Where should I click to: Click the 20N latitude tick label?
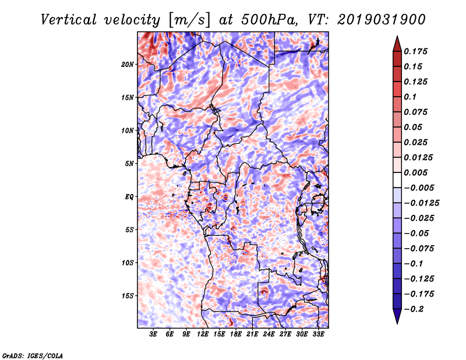coord(128,64)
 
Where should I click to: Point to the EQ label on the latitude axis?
coord(129,196)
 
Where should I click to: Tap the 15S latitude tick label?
coord(128,295)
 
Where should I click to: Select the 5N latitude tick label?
coord(129,163)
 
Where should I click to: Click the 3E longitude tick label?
coord(154,334)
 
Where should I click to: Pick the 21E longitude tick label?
coord(252,334)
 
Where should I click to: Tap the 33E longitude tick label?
coord(318,334)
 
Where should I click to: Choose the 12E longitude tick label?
coord(203,334)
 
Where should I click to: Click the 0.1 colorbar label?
coord(411,97)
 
